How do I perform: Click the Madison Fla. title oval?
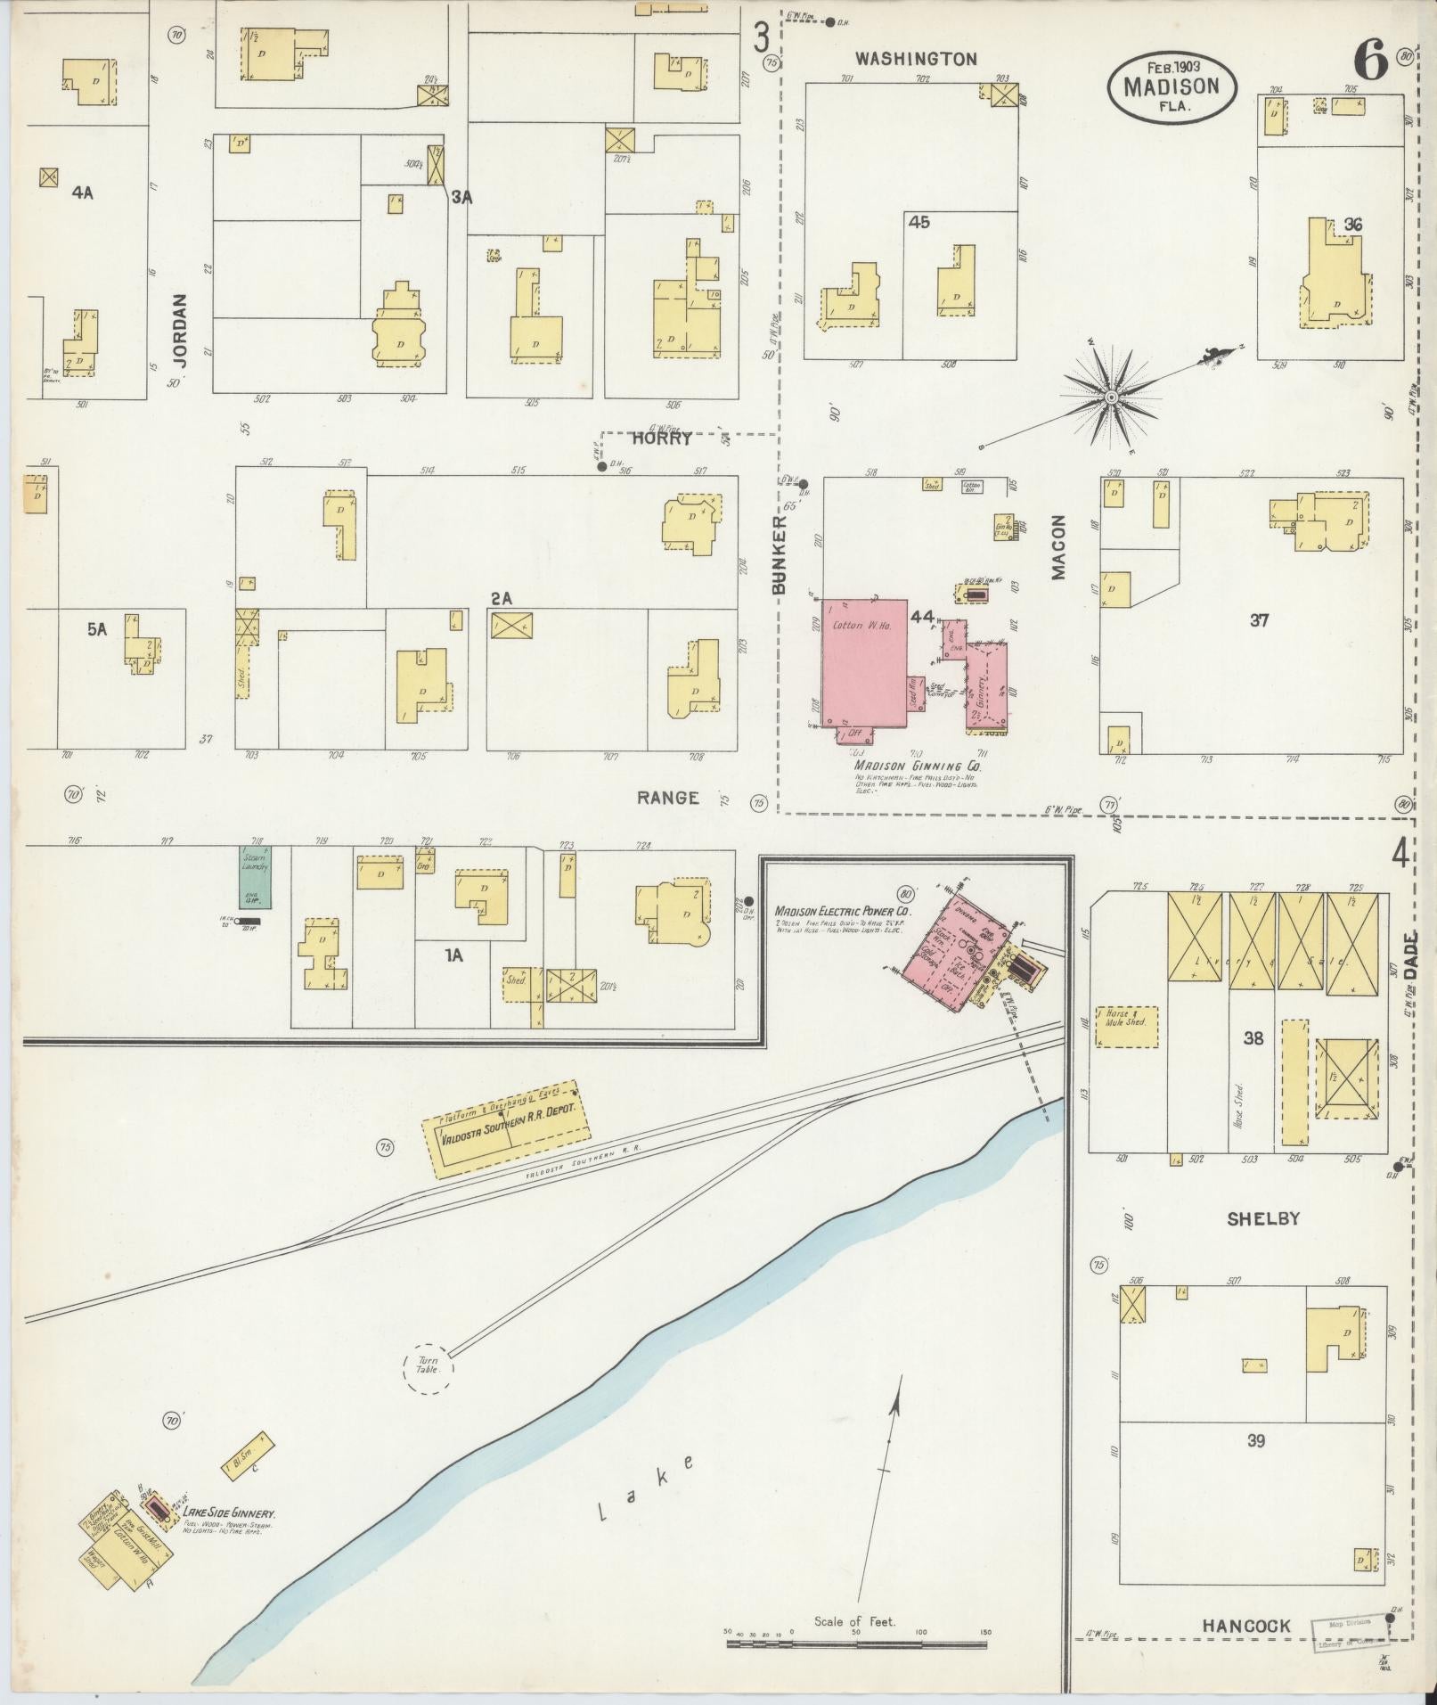[1171, 86]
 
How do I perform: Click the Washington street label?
[916, 59]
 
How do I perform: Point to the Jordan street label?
[181, 331]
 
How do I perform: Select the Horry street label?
[662, 439]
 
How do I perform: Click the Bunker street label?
[780, 554]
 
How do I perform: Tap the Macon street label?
[1058, 546]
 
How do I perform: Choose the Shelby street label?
[1263, 1218]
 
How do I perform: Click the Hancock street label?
[1246, 1626]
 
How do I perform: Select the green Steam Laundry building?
[255, 877]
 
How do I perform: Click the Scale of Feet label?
[853, 1620]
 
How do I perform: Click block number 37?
[1258, 620]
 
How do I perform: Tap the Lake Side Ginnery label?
[229, 1513]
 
